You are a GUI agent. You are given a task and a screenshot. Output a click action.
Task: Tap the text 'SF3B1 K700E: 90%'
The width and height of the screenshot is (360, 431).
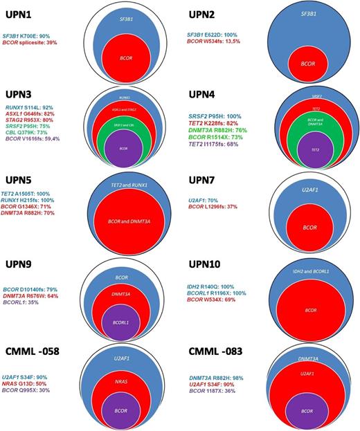[x=36, y=35]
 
